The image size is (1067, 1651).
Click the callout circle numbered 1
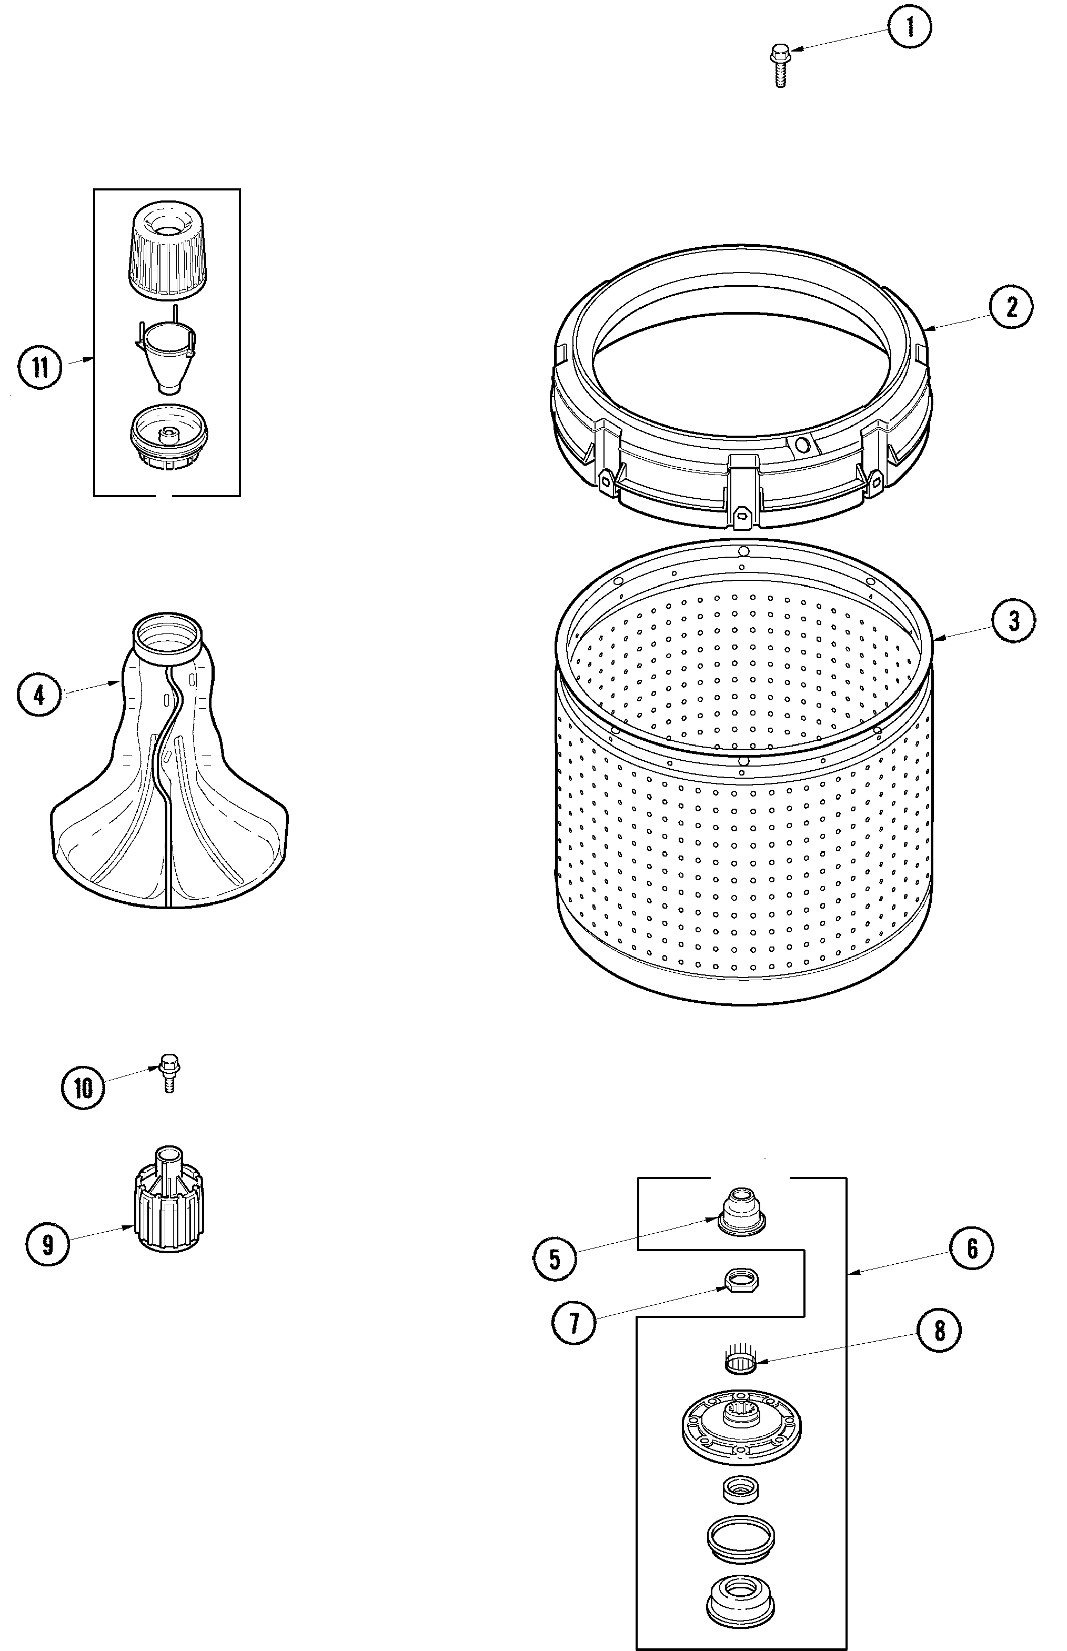point(910,28)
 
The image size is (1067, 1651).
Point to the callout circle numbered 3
point(1014,621)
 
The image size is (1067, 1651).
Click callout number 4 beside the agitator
point(39,695)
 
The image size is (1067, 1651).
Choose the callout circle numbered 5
point(555,1259)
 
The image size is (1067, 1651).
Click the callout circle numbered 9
point(47,1244)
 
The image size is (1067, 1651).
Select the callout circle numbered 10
point(83,1089)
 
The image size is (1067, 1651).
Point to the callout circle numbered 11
point(40,367)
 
